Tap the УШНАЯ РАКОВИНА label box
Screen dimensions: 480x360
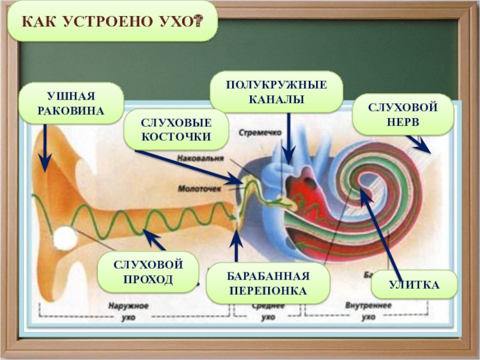[x=70, y=103]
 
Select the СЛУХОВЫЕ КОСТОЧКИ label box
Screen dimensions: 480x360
[x=176, y=130]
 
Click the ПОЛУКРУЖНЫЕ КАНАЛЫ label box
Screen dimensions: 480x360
[x=276, y=92]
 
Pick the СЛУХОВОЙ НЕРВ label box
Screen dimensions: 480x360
[x=402, y=114]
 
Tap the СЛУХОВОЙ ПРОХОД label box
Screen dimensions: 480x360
[x=148, y=271]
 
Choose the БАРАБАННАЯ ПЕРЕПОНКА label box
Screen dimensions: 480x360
[x=268, y=283]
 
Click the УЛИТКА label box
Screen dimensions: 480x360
[x=414, y=284]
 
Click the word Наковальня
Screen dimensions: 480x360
[x=201, y=158]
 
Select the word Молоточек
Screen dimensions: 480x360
[x=200, y=188]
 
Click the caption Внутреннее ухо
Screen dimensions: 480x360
[x=368, y=311]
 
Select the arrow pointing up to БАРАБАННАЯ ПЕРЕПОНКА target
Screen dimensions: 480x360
[x=237, y=246]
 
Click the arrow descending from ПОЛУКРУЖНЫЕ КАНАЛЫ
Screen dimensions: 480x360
[x=289, y=138]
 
